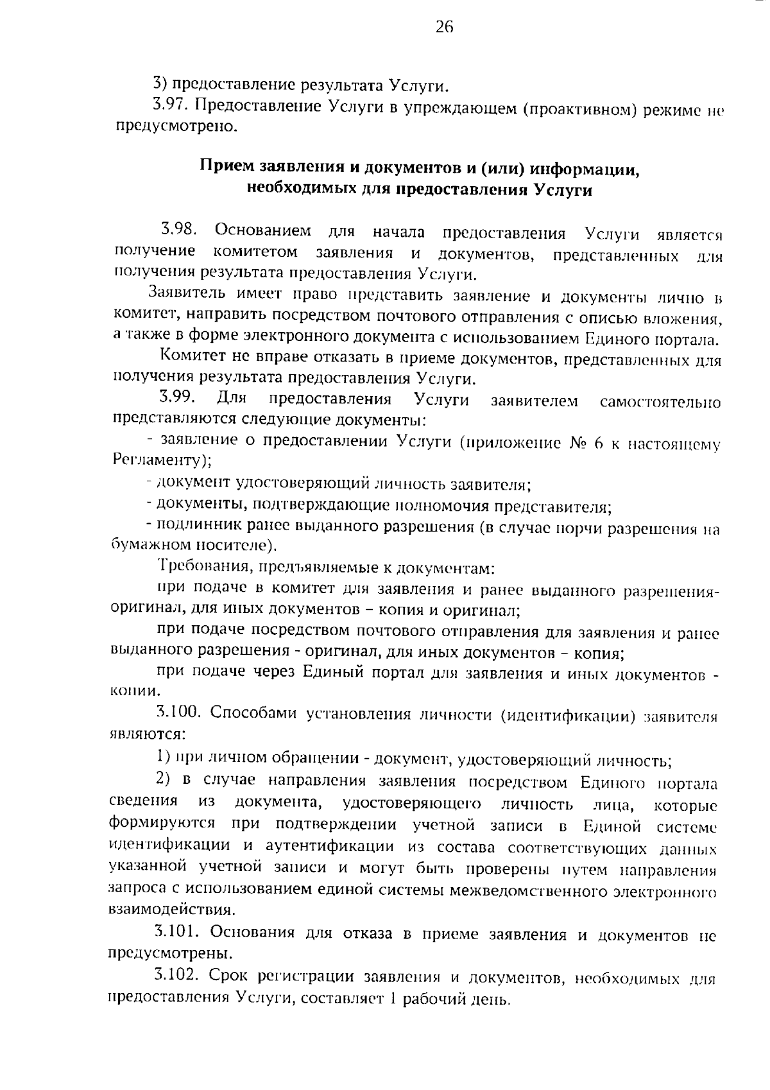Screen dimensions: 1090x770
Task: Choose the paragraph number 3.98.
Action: (179, 229)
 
